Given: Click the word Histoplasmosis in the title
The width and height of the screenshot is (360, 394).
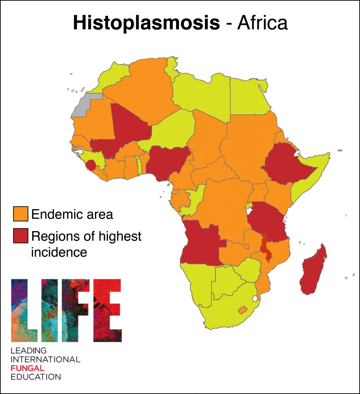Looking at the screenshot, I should [x=146, y=23].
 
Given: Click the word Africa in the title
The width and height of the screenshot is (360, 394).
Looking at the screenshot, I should [x=262, y=23].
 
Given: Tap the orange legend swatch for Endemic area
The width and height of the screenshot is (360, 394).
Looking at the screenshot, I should [x=20, y=214].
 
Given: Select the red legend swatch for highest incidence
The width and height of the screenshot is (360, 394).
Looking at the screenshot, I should [x=20, y=236].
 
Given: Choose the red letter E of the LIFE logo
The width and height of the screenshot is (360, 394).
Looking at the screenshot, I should [x=107, y=310].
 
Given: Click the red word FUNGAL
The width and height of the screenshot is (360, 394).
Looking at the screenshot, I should [x=27, y=368].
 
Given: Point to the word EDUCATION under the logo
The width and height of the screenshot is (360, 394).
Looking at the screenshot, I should [x=36, y=377].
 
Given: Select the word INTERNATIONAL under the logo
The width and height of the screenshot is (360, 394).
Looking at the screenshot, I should [x=45, y=359].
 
